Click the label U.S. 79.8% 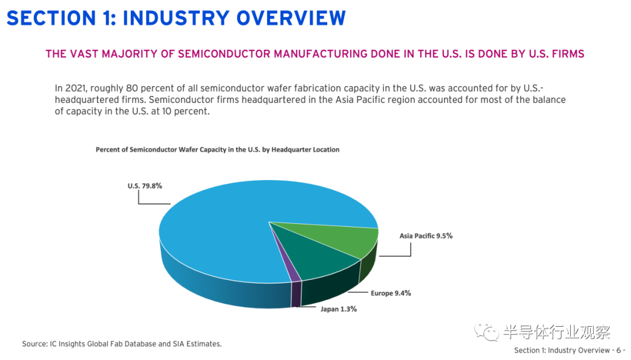[x=145, y=186]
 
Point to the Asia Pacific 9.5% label [x=426, y=236]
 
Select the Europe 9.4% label [x=390, y=293]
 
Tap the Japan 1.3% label [x=339, y=309]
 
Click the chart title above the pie [x=217, y=150]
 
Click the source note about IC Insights [x=122, y=344]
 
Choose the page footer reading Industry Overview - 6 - [x=569, y=350]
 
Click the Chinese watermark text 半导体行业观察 [x=556, y=332]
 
